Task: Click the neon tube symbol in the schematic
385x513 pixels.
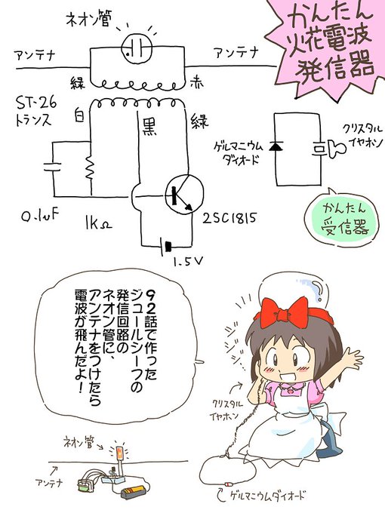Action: tap(137, 49)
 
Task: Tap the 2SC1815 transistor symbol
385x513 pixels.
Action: tap(184, 195)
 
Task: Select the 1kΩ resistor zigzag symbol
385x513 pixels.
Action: tap(90, 167)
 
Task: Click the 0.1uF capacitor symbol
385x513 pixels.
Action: tap(52, 167)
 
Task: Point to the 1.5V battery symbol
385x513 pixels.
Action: tap(165, 246)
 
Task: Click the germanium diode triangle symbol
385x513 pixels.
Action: tap(276, 146)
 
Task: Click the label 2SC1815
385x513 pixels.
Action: tap(229, 217)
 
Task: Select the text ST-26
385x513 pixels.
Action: tap(36, 103)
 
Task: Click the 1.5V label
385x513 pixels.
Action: tap(188, 261)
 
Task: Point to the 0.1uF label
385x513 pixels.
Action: tap(40, 216)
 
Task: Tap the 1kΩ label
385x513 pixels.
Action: tap(97, 224)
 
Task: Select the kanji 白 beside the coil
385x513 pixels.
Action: tap(79, 115)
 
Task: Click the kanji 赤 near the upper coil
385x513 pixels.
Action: tap(196, 81)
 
